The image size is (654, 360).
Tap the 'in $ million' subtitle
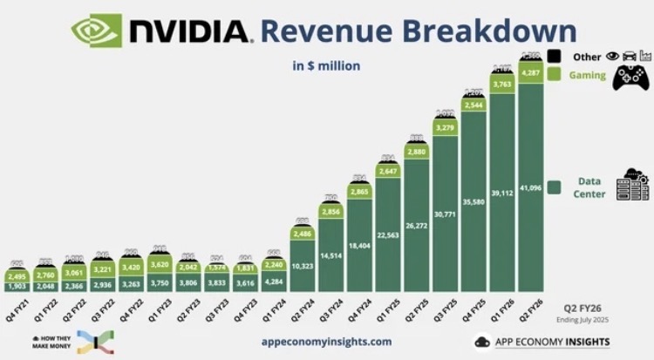[x=326, y=65]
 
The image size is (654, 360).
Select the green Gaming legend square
[x=553, y=75]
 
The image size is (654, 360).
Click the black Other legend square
[x=553, y=57]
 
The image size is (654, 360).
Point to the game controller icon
[x=630, y=78]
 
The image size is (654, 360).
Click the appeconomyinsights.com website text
[x=326, y=342]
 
